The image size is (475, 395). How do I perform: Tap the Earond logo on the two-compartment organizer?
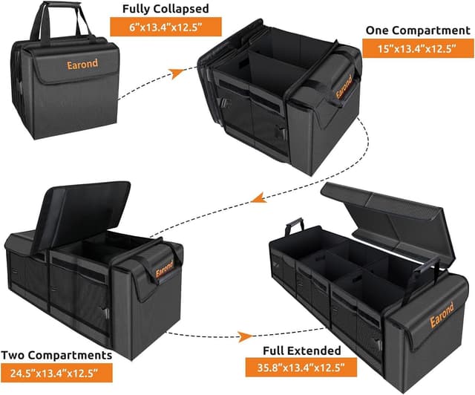pos(164,268)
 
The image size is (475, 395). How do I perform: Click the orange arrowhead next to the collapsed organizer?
pos(177,73)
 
